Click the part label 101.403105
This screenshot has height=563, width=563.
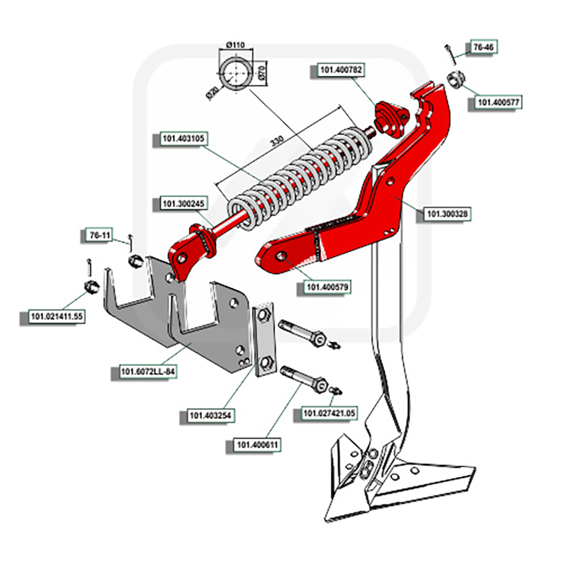(182, 139)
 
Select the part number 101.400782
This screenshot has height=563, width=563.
(341, 70)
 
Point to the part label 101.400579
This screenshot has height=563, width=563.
(327, 287)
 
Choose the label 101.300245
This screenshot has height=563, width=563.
(183, 204)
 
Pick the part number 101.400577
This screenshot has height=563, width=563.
(498, 103)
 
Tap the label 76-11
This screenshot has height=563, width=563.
(99, 234)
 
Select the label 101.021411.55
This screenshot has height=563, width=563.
(56, 317)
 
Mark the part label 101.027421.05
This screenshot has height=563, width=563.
(329, 413)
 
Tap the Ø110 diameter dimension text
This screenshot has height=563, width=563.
(235, 46)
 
